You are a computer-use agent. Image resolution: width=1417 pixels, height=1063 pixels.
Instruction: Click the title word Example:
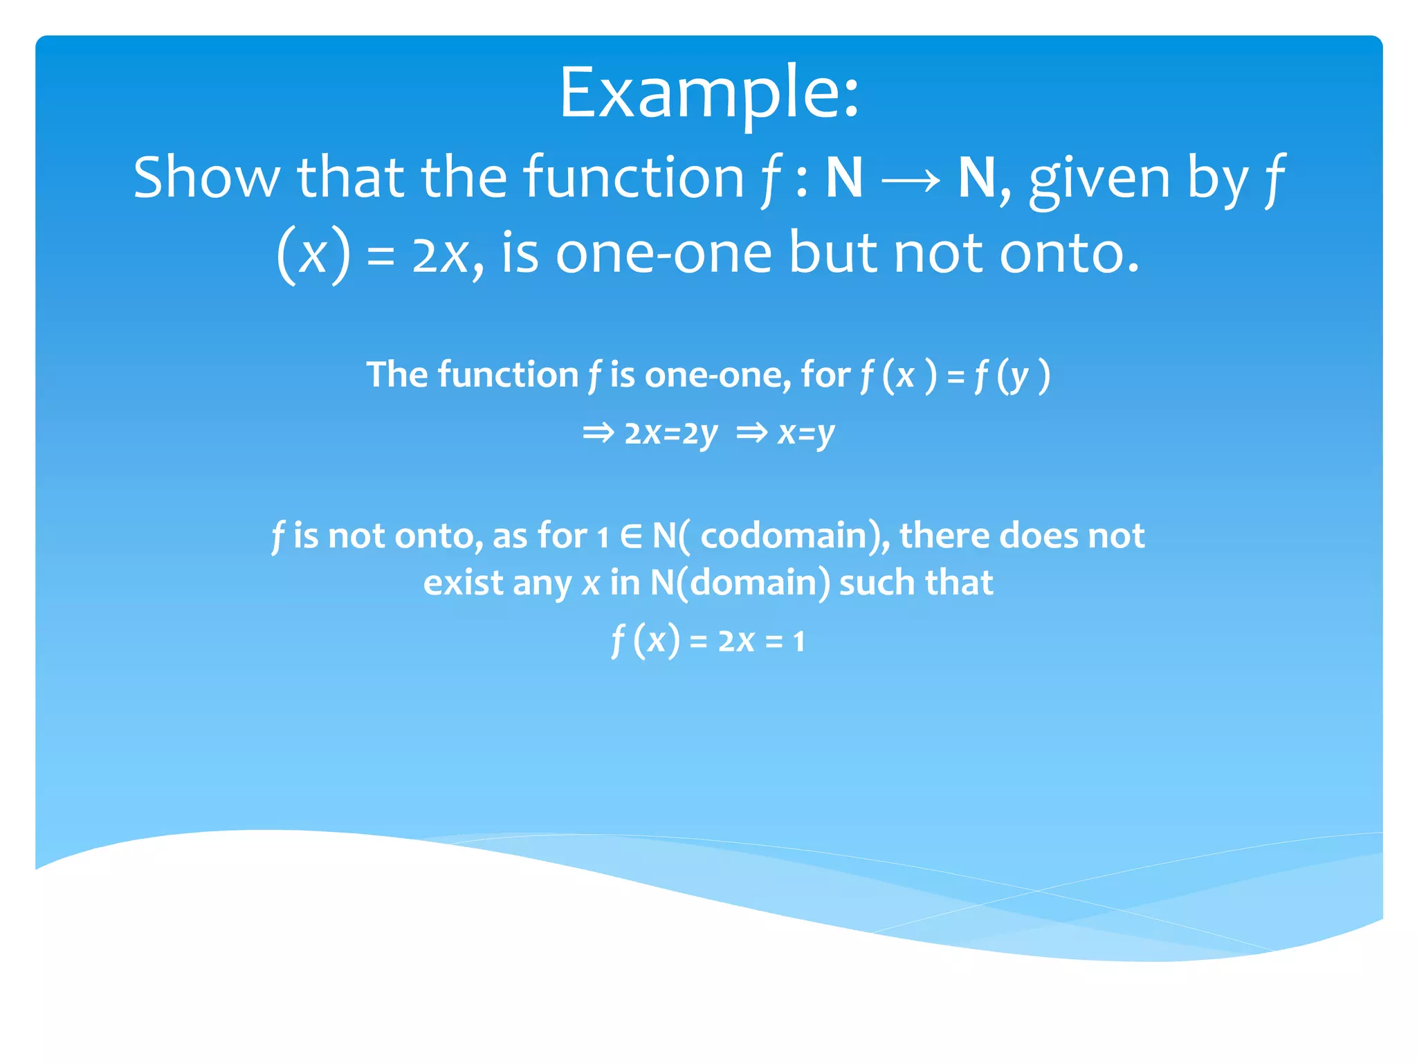pyautogui.click(x=708, y=93)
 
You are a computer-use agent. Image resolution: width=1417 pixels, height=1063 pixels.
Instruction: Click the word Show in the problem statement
pyautogui.click(x=206, y=178)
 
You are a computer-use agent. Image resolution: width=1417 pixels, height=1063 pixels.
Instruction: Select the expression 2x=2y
pyautogui.click(x=670, y=434)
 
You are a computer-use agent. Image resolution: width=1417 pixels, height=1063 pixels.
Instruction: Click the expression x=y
pyautogui.click(x=806, y=434)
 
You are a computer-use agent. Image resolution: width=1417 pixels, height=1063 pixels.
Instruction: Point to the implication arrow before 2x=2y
pyautogui.click(x=598, y=434)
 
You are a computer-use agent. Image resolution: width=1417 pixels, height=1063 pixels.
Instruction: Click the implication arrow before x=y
pyautogui.click(x=752, y=434)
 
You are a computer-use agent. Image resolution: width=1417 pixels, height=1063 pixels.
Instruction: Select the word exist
pyautogui.click(x=463, y=583)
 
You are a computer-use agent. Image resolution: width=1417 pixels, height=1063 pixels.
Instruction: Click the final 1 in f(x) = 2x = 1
pyautogui.click(x=799, y=642)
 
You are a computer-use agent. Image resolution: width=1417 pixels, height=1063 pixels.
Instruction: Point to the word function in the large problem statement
pyautogui.click(x=633, y=178)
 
